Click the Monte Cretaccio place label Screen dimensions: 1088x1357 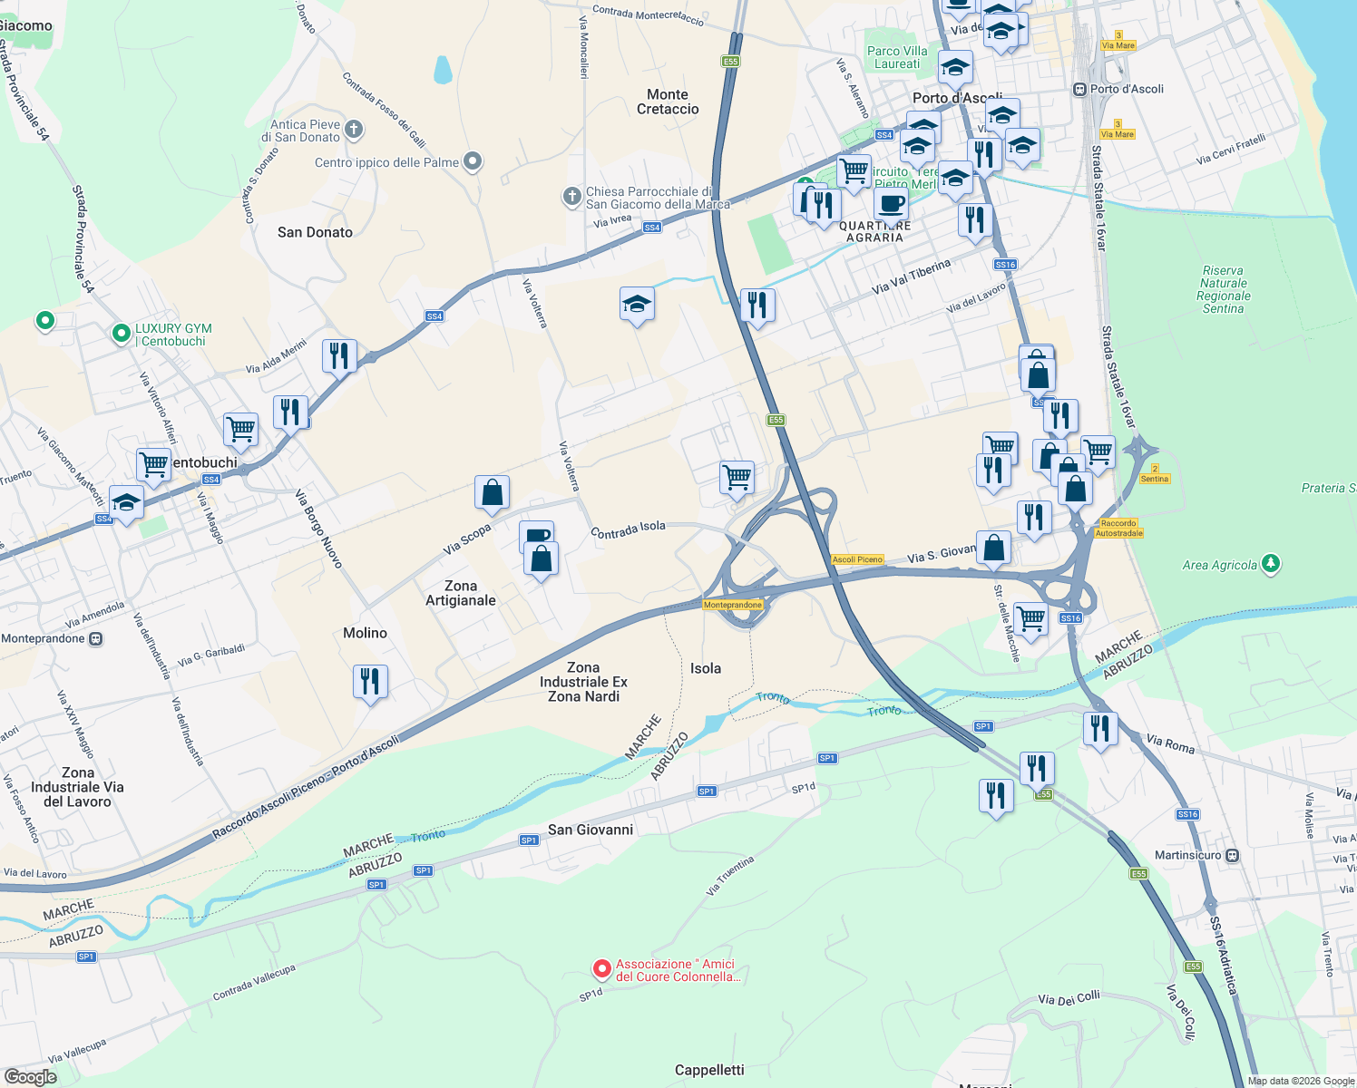point(668,102)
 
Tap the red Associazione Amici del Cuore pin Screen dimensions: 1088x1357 point(601,970)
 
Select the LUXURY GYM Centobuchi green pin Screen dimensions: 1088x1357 point(122,335)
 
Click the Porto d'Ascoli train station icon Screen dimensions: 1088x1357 point(1079,89)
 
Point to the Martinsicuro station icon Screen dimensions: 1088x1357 point(1232,855)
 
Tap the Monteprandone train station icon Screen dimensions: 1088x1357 point(96,638)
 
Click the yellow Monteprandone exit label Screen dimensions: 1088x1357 point(733,605)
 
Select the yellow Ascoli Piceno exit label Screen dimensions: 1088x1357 point(857,559)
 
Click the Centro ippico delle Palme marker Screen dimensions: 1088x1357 point(473,162)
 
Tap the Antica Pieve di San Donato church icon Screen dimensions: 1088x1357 point(354,131)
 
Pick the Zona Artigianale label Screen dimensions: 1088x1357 point(461,593)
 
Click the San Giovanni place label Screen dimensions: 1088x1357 point(591,830)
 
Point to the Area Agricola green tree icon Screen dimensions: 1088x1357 point(1271,564)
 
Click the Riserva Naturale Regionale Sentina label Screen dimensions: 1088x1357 point(1223,289)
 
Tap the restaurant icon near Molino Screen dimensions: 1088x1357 point(370,680)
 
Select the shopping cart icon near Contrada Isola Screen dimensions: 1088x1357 point(737,476)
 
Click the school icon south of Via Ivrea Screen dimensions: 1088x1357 point(637,305)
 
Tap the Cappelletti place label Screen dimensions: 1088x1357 point(709,1070)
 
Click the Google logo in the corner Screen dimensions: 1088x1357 point(31,1076)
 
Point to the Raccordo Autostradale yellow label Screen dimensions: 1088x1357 point(1118,528)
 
